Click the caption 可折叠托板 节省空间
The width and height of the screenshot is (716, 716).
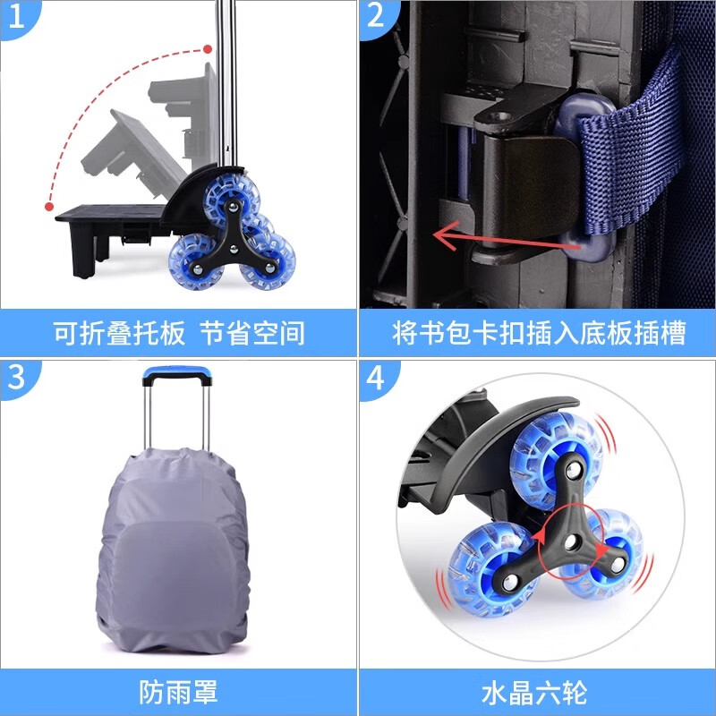point(179,333)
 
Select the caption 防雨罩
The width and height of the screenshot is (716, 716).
point(179,691)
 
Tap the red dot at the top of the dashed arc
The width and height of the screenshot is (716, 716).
point(208,48)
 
